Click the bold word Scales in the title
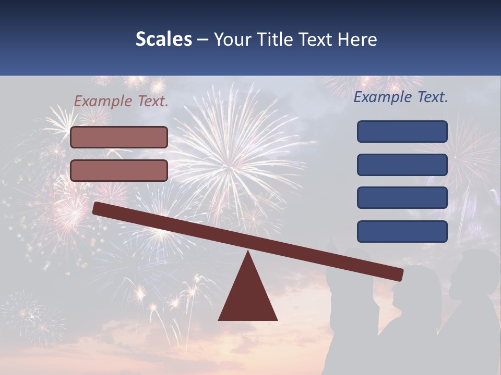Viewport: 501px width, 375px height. [163, 40]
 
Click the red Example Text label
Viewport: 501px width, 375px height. [121, 102]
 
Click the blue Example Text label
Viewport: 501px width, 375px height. [401, 97]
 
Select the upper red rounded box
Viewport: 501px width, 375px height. [119, 137]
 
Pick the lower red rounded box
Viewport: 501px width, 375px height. [119, 170]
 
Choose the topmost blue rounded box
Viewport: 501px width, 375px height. [402, 131]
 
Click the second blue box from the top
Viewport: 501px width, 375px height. [402, 165]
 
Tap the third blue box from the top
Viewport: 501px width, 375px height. [402, 198]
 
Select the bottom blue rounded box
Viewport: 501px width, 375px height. [402, 231]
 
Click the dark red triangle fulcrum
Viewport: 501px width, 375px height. [248, 297]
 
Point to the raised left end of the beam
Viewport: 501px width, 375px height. [97, 208]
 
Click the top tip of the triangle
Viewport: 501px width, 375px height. [248, 252]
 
